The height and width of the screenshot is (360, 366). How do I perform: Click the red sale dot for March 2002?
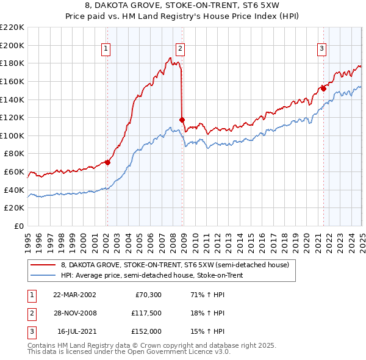coord(107,162)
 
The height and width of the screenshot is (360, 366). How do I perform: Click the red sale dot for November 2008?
coord(182,120)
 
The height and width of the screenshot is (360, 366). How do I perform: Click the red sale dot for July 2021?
coord(323,88)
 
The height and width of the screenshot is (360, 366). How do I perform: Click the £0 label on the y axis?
coord(18,226)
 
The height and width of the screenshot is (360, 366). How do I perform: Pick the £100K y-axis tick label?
coord(12,135)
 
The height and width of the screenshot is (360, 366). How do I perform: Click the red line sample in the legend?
coord(43,265)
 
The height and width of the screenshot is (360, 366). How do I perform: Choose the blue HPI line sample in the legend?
coord(43,275)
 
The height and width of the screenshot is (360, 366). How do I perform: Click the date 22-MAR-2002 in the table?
coord(74,295)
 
